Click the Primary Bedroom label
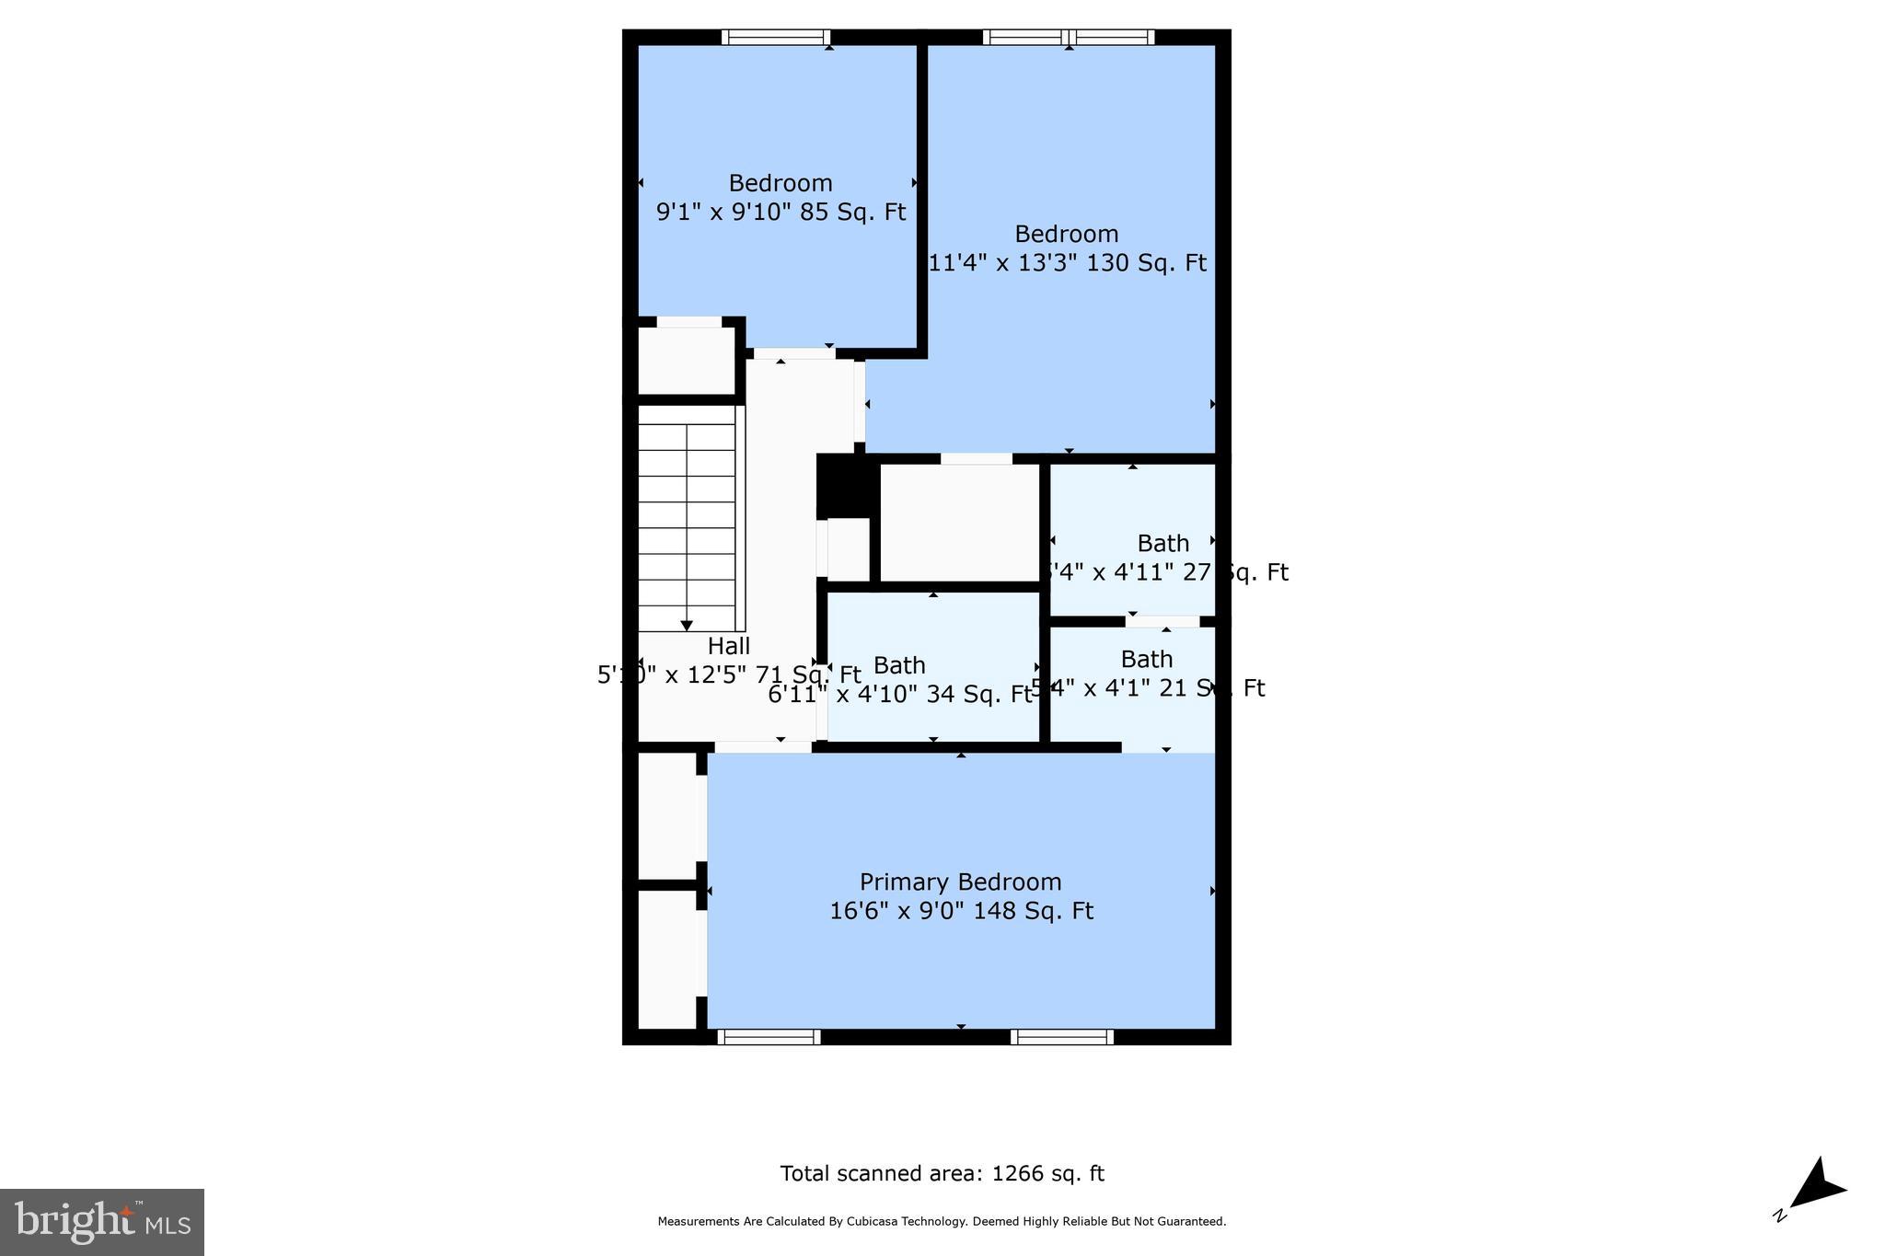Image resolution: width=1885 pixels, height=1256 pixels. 960,882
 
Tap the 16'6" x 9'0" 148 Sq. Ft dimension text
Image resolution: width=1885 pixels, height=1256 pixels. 960,911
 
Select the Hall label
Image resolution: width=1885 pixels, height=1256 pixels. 728,646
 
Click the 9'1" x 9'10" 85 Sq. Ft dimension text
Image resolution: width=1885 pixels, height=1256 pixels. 781,213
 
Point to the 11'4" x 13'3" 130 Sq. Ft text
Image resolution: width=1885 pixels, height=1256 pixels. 1067,263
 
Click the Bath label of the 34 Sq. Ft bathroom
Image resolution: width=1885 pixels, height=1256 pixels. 899,665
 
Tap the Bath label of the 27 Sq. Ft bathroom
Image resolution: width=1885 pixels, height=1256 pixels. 1162,543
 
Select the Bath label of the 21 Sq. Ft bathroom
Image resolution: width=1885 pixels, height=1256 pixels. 1146,659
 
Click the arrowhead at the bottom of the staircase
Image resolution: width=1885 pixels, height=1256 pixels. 687,626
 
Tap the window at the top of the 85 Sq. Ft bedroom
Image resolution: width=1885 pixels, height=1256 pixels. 776,37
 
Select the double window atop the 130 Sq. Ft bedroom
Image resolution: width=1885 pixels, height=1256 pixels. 1068,37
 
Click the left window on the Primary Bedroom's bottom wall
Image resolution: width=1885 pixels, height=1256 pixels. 769,1037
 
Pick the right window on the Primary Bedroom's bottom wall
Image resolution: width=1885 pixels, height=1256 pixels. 1061,1037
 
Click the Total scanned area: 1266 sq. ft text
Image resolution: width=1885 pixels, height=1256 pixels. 942,1173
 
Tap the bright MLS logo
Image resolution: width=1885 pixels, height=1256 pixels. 102,1222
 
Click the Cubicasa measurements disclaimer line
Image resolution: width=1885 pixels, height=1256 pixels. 942,1222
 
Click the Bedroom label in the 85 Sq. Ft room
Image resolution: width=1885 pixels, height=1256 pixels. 781,183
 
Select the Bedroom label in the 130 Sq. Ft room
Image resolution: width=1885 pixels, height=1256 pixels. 1066,234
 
